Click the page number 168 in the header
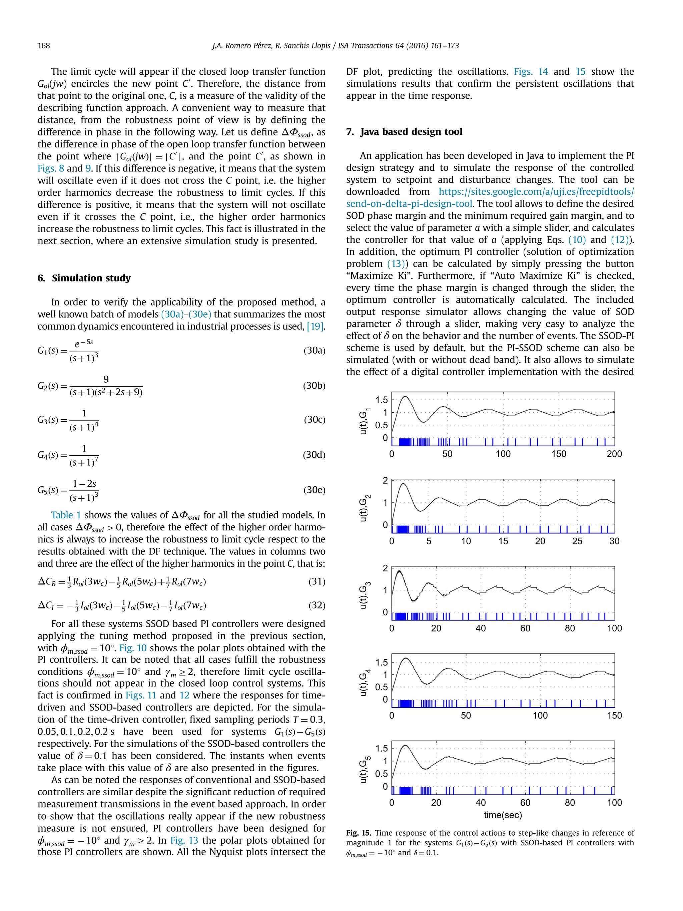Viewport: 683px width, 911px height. tap(44, 46)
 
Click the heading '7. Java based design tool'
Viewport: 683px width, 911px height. tap(404, 132)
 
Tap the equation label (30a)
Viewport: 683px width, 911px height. tap(314, 351)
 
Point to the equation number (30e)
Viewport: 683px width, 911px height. tap(314, 490)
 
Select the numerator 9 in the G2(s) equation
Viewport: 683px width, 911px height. tap(106, 379)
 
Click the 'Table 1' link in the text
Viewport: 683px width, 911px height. tap(66, 515)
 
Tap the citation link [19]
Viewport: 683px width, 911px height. tap(316, 326)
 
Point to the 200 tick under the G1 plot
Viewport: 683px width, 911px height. tap(614, 454)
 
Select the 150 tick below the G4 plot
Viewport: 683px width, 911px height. tap(614, 716)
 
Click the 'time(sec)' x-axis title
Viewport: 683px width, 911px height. tap(503, 815)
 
